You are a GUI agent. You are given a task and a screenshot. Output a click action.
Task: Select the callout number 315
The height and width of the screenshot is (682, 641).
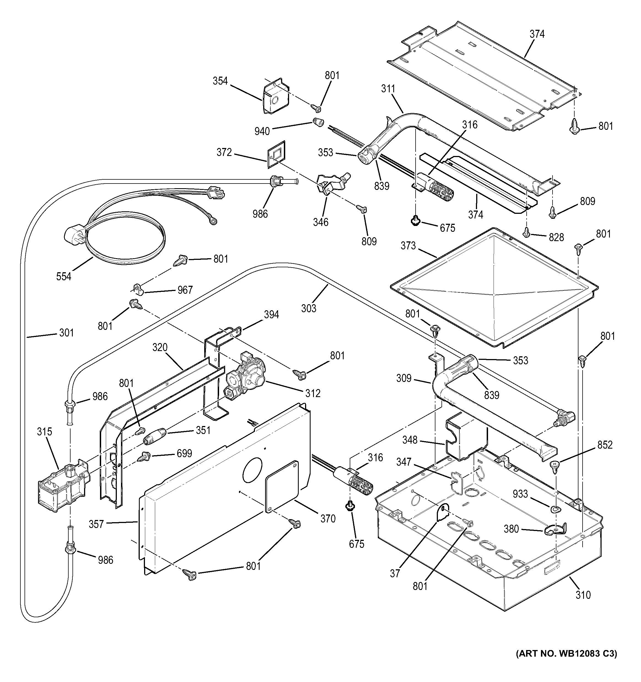[45, 432]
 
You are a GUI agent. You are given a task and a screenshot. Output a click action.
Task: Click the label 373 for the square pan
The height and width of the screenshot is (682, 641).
[408, 246]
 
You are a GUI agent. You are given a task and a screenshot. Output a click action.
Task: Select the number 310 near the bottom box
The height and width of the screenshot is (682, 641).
[583, 595]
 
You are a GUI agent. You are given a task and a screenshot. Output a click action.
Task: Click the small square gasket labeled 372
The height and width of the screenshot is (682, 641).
[277, 154]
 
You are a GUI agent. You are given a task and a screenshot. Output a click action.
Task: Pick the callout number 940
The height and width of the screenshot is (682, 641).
[262, 131]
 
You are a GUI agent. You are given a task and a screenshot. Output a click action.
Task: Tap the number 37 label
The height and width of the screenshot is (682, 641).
[395, 573]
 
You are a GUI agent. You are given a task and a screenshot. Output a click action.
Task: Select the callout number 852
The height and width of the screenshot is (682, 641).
[605, 445]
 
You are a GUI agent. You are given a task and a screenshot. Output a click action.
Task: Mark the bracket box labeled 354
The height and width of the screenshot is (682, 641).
[275, 96]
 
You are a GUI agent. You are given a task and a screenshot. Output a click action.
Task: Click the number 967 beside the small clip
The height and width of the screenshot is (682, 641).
[185, 290]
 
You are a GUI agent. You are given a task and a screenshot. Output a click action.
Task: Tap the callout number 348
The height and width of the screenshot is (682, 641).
[410, 440]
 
